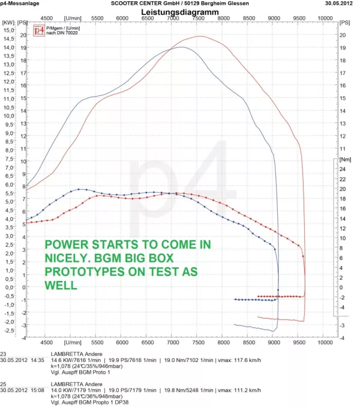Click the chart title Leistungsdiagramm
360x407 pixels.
pyautogui.click(x=179, y=11)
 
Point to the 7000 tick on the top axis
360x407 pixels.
pyautogui.click(x=172, y=19)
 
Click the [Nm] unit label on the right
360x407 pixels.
pyautogui.click(x=345, y=160)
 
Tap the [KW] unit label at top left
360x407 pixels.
pyautogui.click(x=8, y=22)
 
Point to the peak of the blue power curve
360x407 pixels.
pyautogui.click(x=182, y=47)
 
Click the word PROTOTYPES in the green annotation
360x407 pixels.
pyautogui.click(x=79, y=271)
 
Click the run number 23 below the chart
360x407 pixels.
pyautogui.click(x=4, y=354)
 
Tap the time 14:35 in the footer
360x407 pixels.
pyautogui.click(x=37, y=360)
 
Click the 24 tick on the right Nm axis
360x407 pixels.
pyautogui.click(x=343, y=170)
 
